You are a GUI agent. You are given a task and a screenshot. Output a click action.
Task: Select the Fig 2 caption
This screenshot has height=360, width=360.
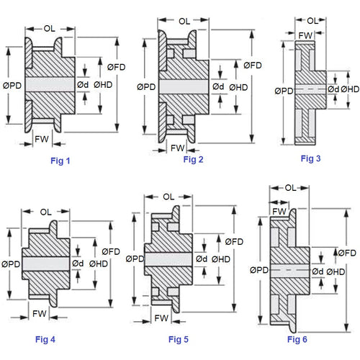(193, 159)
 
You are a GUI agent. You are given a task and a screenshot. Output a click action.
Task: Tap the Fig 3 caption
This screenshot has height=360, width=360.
(311, 158)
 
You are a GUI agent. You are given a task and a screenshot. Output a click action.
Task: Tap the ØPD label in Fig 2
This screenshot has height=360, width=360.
(145, 87)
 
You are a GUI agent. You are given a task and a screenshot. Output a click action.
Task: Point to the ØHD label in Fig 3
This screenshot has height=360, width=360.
(350, 89)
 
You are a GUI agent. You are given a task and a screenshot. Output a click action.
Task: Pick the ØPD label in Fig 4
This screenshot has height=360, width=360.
(12, 264)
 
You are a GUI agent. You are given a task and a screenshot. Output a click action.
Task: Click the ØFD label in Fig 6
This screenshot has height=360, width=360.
(346, 253)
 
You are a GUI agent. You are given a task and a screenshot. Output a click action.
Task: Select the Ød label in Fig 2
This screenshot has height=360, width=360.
(218, 87)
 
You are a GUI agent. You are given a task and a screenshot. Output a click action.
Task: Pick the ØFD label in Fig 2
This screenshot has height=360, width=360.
(253, 65)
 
